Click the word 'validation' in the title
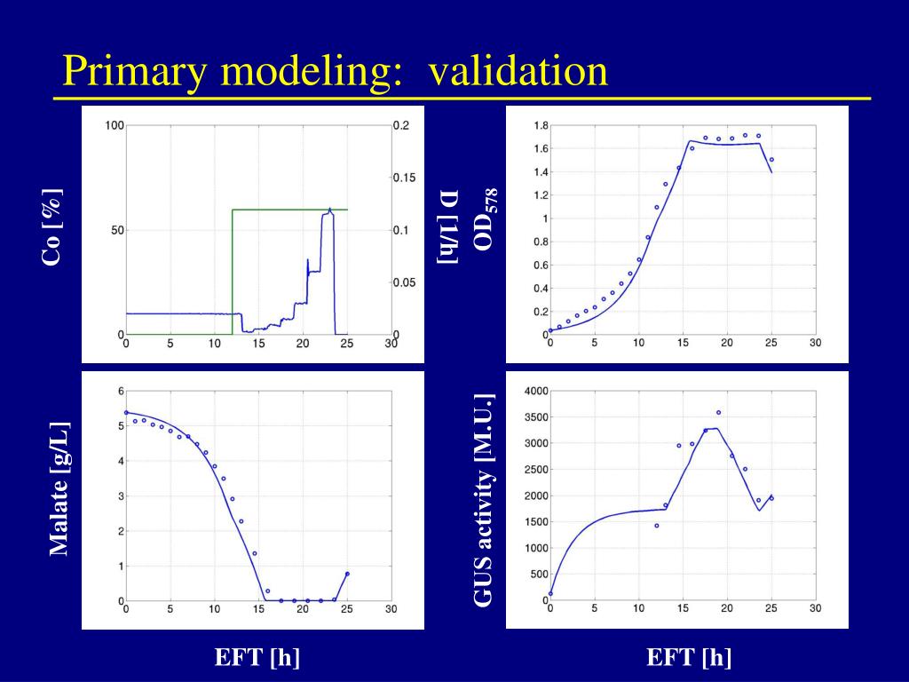(518, 71)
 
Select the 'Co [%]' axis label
(52, 227)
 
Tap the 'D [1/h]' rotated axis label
(448, 226)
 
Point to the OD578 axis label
(486, 219)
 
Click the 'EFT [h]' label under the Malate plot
(257, 657)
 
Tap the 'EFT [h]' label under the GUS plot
(689, 657)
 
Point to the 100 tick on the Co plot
(115, 125)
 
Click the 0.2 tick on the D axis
(401, 125)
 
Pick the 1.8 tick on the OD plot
(541, 125)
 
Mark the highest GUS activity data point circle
(718, 412)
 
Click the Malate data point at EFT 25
(347, 574)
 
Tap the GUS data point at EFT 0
(550, 593)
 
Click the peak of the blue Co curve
(330, 210)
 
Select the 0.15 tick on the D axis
(404, 178)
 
